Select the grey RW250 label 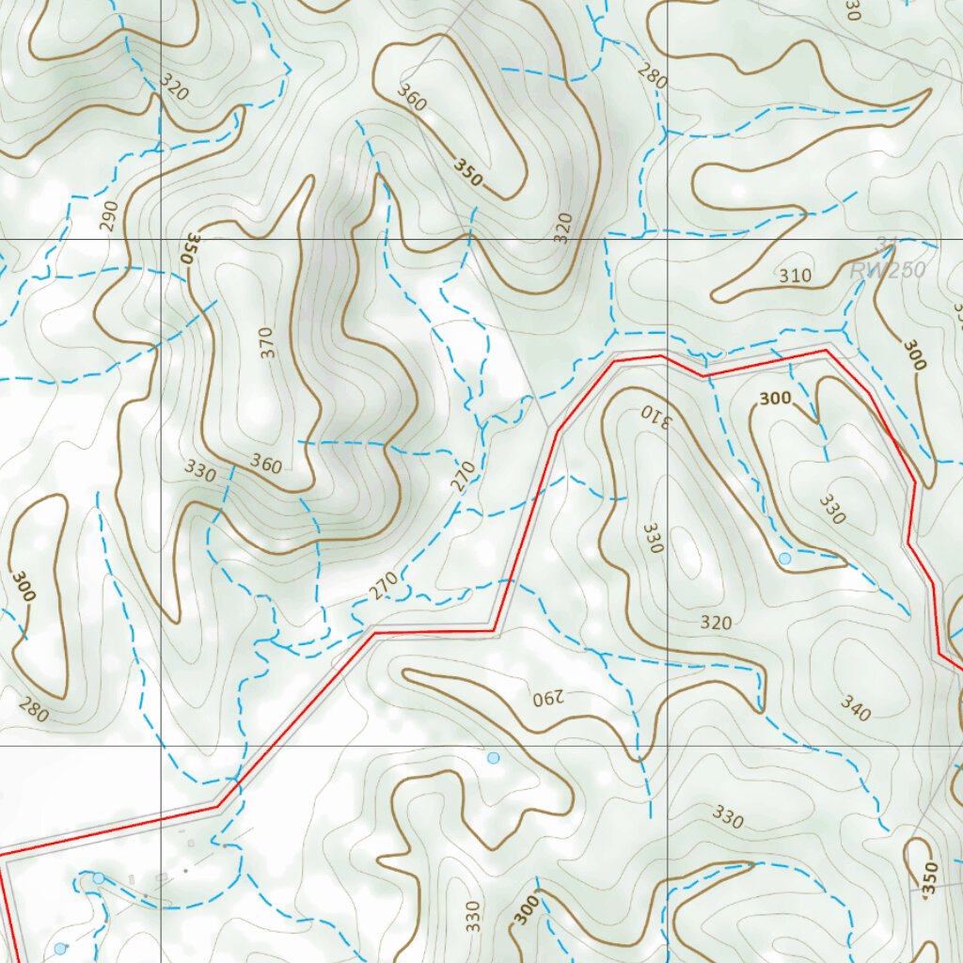click(x=887, y=271)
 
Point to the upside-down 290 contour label click(x=547, y=698)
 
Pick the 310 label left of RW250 click(x=795, y=276)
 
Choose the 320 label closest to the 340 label click(x=716, y=622)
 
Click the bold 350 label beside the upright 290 click(x=189, y=246)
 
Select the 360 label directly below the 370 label click(x=266, y=463)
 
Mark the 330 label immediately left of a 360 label click(x=199, y=470)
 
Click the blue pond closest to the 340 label click(x=784, y=559)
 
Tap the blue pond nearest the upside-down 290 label click(x=493, y=757)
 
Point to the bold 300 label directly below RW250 click(x=914, y=355)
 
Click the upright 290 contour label click(x=110, y=217)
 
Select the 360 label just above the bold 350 click(x=411, y=97)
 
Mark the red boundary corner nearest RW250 click(x=826, y=351)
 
